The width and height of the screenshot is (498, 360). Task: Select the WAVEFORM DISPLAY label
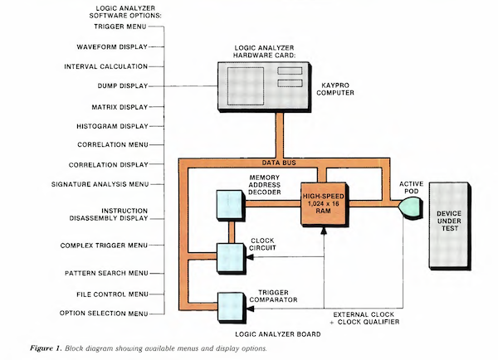112,46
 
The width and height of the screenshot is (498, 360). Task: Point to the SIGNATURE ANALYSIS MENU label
99,183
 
